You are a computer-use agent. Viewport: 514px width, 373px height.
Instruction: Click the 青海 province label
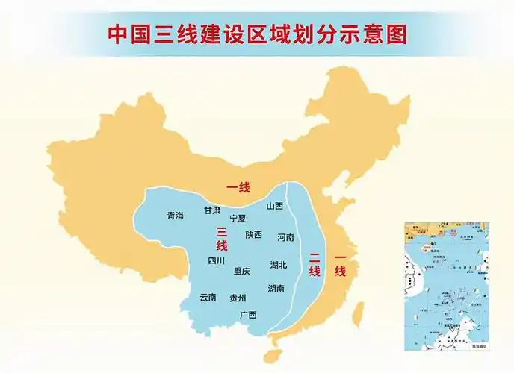click(x=175, y=216)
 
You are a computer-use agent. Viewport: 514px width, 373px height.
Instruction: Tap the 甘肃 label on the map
click(x=212, y=210)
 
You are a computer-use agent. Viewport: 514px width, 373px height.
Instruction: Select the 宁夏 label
click(x=238, y=219)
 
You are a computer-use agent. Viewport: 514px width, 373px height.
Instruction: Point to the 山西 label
click(x=275, y=206)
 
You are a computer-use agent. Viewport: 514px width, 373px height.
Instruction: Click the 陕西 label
click(x=254, y=234)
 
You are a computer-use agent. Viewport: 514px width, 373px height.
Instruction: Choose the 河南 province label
click(x=285, y=238)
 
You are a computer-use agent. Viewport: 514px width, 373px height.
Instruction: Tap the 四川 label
click(x=217, y=261)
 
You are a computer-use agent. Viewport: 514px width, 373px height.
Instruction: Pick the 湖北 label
click(x=279, y=265)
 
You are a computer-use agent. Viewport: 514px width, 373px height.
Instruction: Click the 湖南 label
click(x=276, y=288)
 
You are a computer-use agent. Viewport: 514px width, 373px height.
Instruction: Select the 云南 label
click(x=208, y=297)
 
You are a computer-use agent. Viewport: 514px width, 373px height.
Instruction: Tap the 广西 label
click(x=248, y=315)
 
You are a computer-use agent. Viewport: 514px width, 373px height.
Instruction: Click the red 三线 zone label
click(x=221, y=239)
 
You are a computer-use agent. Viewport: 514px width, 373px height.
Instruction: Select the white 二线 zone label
click(x=315, y=265)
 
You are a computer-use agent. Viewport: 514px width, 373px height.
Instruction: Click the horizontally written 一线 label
click(x=238, y=186)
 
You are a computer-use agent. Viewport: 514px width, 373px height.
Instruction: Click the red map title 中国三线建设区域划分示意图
click(x=257, y=34)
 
